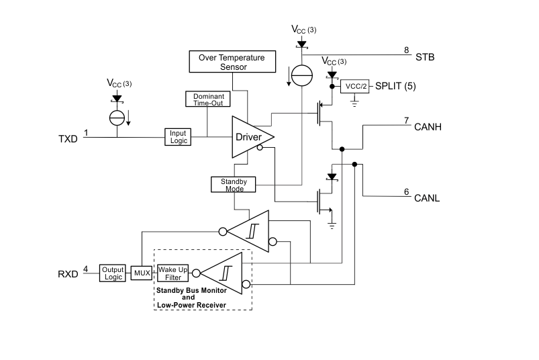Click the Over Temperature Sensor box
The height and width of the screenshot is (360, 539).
click(232, 62)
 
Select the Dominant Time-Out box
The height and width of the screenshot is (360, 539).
click(207, 99)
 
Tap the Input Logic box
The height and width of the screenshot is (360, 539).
click(178, 136)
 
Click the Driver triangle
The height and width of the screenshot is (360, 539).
click(250, 137)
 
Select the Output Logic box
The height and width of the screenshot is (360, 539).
click(113, 273)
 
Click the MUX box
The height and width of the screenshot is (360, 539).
click(142, 273)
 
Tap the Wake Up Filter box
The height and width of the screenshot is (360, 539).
click(172, 273)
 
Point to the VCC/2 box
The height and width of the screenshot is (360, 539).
click(355, 87)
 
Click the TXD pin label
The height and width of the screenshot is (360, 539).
click(68, 139)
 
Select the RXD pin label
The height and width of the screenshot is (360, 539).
click(68, 274)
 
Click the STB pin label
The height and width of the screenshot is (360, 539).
click(425, 57)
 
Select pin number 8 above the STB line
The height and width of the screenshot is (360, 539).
click(406, 50)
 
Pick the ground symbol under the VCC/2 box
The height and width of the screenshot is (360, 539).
click(355, 103)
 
